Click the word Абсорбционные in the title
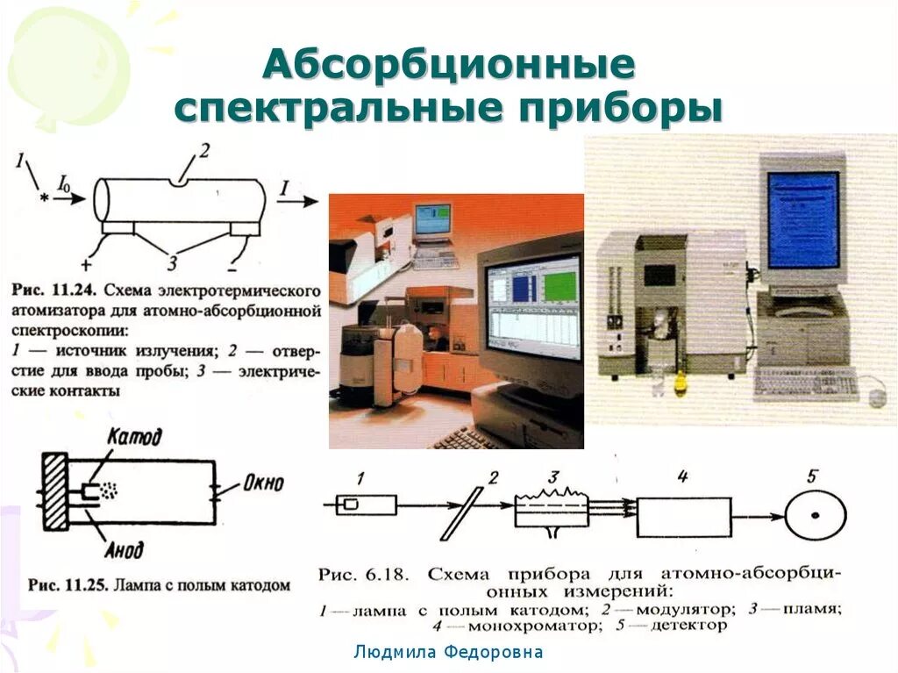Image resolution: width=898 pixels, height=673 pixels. [449, 67]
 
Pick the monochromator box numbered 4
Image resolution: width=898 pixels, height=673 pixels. [683, 516]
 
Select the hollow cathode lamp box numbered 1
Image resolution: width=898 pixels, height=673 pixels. [367, 505]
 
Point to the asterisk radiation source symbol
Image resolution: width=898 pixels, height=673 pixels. [44, 199]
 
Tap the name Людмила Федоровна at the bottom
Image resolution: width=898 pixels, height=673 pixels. [448, 652]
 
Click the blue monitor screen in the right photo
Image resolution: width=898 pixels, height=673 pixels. [802, 219]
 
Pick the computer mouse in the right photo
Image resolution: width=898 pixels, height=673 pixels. [876, 397]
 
